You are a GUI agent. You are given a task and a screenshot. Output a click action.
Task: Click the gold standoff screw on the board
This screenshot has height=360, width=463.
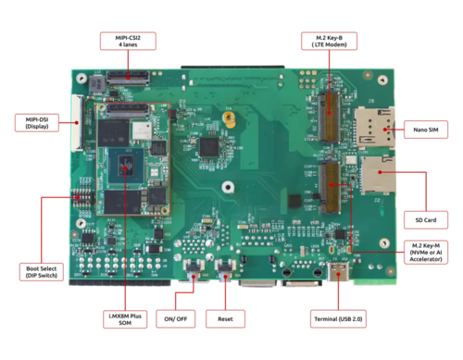pos(231,118)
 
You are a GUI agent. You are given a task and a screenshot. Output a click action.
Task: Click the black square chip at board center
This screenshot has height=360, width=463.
pos(213,145)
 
